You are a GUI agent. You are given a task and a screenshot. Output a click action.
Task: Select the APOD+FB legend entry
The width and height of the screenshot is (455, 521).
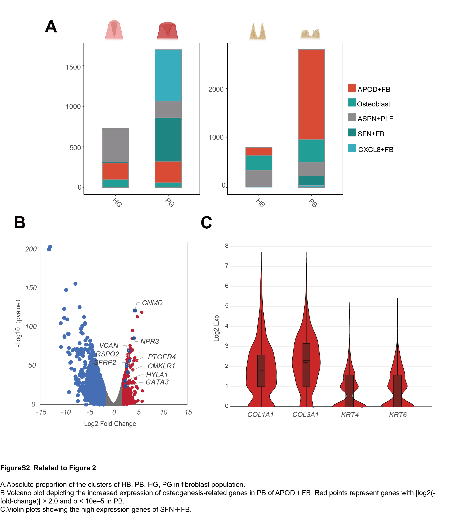(x=374, y=89)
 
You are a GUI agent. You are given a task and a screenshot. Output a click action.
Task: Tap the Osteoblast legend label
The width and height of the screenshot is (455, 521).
(x=373, y=104)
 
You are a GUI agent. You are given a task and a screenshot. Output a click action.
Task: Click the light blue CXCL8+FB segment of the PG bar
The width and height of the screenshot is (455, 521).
(x=168, y=75)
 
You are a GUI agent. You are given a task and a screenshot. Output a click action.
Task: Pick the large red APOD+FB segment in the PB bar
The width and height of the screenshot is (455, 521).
(x=311, y=94)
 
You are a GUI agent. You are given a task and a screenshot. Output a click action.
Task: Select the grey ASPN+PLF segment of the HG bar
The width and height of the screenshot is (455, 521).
(x=115, y=146)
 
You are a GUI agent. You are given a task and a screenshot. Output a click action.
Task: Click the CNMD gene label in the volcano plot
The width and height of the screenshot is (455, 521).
(x=152, y=303)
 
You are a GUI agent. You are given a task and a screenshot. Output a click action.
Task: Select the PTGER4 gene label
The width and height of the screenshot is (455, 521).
(x=162, y=357)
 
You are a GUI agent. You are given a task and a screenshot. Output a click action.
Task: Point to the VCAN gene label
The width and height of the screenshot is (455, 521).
(x=109, y=346)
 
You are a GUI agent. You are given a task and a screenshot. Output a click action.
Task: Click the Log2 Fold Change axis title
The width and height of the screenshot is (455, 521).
(x=110, y=424)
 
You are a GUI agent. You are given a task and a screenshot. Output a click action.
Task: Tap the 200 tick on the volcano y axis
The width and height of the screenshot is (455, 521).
(x=31, y=249)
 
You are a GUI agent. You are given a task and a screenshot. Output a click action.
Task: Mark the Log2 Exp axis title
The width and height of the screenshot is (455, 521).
(x=216, y=328)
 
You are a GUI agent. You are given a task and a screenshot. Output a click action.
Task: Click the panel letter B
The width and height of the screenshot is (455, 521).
(x=20, y=222)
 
